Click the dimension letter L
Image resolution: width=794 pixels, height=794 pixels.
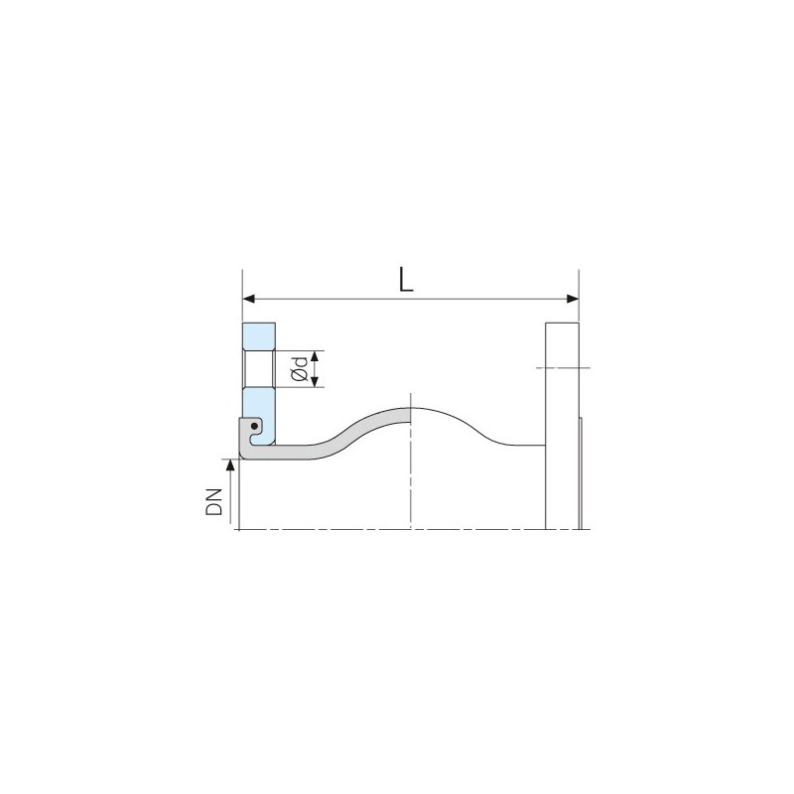click(405, 280)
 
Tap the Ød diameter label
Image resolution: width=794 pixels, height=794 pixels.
click(298, 369)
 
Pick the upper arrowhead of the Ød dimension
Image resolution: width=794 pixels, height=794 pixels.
click(315, 355)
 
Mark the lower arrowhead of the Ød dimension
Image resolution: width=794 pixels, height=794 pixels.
click(315, 382)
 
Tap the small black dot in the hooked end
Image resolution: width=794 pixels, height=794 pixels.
click(255, 430)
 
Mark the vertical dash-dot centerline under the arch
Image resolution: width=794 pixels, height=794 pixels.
click(411, 476)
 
